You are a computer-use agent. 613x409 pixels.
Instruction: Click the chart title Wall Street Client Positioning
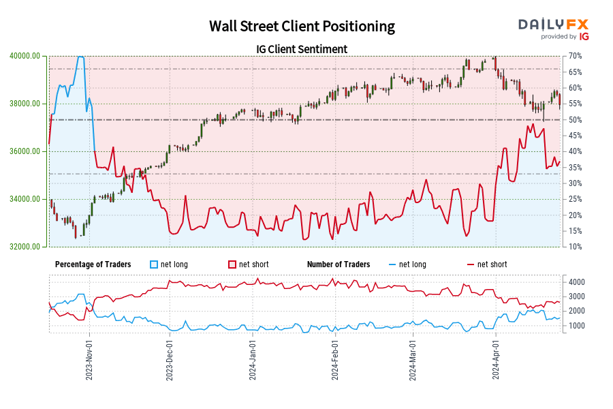[x=302, y=27]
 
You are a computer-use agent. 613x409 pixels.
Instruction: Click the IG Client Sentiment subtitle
[x=302, y=49]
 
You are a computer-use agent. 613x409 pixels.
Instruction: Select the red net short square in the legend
[x=232, y=264]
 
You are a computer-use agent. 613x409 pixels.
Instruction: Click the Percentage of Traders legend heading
[x=93, y=264]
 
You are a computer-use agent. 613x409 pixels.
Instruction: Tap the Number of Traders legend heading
[x=339, y=264]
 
